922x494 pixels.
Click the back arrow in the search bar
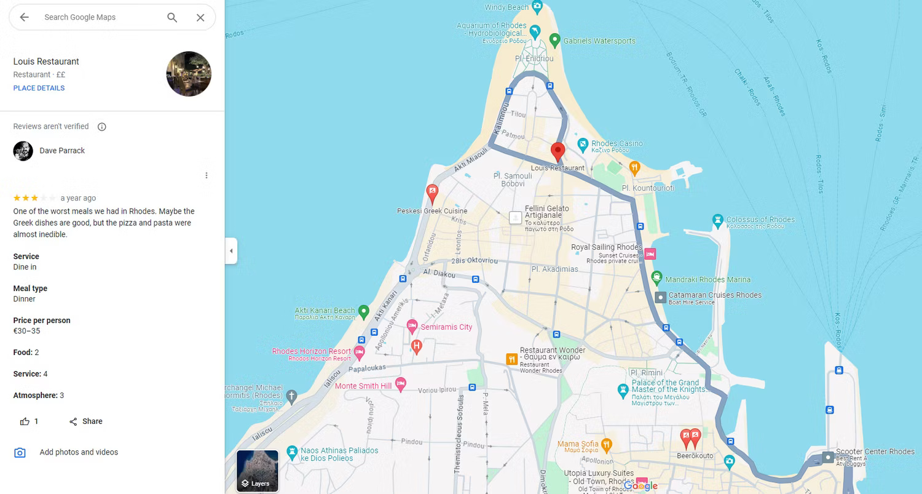24,17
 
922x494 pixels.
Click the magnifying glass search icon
172,17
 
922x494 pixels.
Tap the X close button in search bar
200,17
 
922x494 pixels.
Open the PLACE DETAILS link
39,88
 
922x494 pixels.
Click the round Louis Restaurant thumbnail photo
189,74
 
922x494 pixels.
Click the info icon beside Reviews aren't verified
102,127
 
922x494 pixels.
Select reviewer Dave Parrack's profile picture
23,151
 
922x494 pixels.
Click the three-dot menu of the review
207,175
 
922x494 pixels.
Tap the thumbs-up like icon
25,421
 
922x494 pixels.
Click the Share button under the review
85,421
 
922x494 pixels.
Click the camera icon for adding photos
20,453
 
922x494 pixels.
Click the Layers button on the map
258,471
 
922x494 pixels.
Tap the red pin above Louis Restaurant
558,151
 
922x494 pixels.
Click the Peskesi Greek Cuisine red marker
432,193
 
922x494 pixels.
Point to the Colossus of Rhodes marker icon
717,220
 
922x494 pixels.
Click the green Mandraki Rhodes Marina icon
656,277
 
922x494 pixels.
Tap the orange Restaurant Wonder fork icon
511,359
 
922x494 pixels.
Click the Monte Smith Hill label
363,386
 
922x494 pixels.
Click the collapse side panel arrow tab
231,251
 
